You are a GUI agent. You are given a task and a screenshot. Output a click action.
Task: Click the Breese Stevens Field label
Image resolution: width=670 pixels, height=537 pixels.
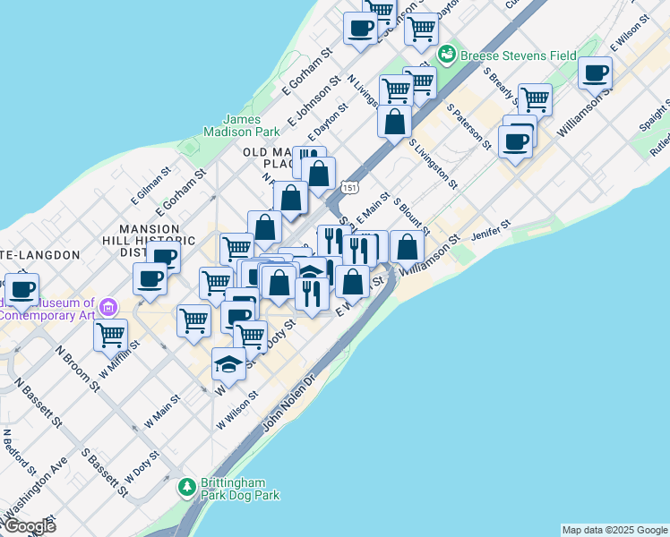(x=519, y=55)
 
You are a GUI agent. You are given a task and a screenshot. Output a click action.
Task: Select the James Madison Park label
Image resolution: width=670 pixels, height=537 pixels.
(x=242, y=126)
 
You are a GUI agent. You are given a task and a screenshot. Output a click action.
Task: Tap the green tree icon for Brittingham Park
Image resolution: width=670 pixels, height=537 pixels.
(x=187, y=488)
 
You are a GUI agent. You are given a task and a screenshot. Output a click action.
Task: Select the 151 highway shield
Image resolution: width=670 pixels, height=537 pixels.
(x=350, y=187)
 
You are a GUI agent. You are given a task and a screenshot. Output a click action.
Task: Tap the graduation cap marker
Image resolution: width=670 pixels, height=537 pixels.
(x=228, y=363)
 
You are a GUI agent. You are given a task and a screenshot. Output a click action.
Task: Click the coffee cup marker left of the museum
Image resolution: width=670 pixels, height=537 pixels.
(x=24, y=290)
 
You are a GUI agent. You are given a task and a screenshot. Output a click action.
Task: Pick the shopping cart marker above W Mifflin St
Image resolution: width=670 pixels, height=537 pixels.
(x=110, y=336)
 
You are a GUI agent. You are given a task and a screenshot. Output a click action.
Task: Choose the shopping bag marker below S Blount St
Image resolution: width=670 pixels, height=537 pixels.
(x=407, y=247)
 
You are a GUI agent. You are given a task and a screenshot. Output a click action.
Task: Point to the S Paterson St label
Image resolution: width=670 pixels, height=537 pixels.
(x=470, y=129)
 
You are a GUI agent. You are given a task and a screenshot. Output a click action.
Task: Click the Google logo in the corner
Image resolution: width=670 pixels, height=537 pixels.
(x=30, y=526)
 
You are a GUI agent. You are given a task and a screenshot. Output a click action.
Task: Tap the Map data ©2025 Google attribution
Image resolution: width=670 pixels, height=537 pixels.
(x=614, y=530)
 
